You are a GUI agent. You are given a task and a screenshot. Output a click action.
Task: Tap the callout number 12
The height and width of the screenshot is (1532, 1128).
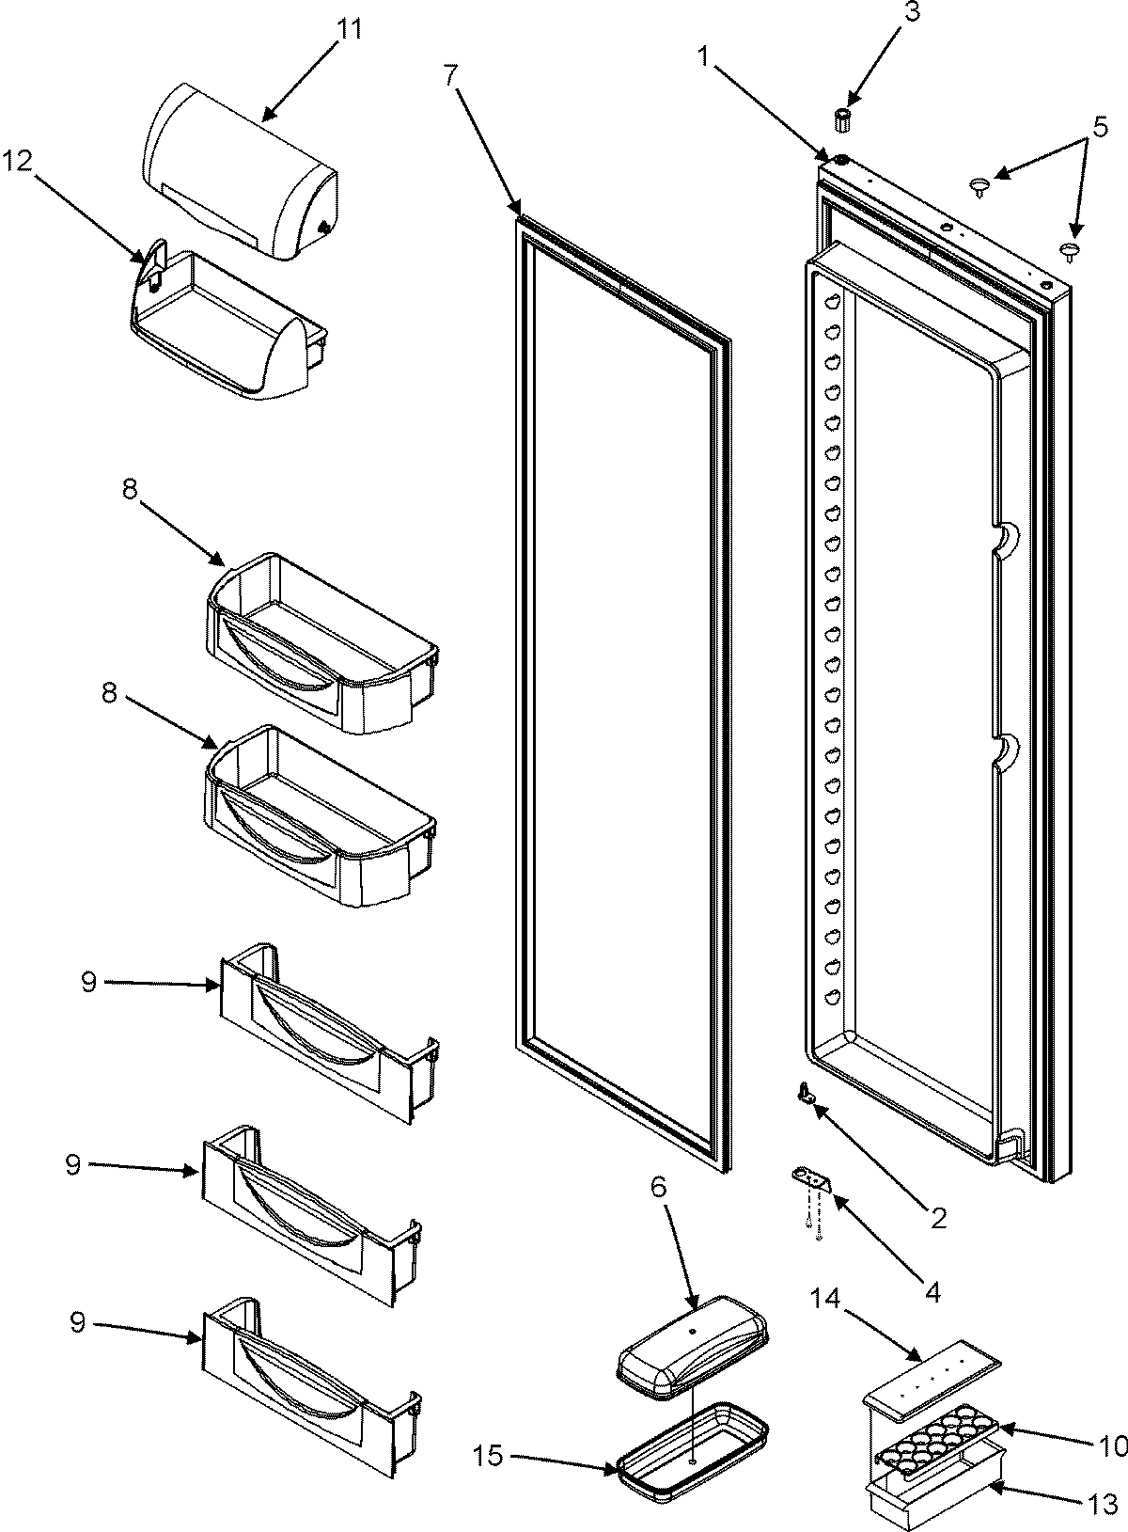[x=18, y=160]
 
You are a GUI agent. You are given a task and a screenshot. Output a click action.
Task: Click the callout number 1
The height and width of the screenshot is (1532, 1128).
[x=704, y=56]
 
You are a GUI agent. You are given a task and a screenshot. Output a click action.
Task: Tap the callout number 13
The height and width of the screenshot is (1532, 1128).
[x=1102, y=1501]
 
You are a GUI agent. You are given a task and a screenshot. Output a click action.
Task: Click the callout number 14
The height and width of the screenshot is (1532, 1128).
[x=825, y=1300]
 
